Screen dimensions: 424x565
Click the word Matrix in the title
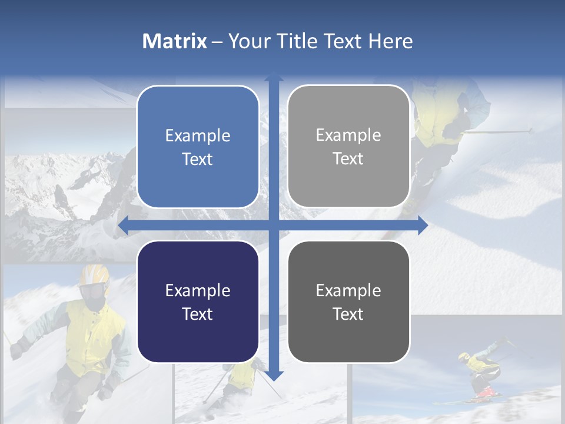[x=175, y=41]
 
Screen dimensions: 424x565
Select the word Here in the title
[x=390, y=41]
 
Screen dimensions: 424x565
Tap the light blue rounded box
[x=198, y=147]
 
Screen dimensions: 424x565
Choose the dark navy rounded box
[x=198, y=302]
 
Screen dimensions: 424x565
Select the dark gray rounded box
[x=348, y=302]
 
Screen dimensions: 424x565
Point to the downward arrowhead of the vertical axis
[x=274, y=375]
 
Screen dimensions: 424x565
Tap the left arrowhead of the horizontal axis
[x=123, y=226]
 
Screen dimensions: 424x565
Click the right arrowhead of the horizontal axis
[x=423, y=226]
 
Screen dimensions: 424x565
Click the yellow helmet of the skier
[x=94, y=274]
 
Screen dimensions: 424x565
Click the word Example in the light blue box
[x=198, y=135]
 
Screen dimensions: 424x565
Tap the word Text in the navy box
[x=198, y=314]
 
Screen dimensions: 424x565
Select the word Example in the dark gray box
[x=348, y=290]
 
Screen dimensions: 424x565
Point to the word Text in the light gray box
[x=348, y=158]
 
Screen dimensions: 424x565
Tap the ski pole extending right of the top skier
[x=500, y=131]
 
